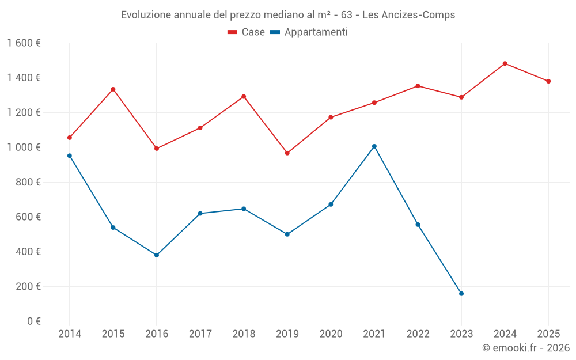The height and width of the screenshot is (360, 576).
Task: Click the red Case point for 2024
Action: pos(505,63)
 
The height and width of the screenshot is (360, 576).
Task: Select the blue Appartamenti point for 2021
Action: pos(374,146)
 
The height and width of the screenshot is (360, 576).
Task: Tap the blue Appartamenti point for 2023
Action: pos(461,294)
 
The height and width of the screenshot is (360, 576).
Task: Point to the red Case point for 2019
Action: pos(287,153)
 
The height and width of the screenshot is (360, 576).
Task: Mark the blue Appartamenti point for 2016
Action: pos(157,255)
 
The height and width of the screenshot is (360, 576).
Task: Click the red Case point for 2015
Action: pos(113,89)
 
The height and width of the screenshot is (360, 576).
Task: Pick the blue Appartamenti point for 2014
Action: pos(70,156)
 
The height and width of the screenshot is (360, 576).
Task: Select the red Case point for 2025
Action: pos(548,81)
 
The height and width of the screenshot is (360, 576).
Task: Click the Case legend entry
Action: pos(246,32)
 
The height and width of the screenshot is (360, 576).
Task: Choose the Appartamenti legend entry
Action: pos(309,32)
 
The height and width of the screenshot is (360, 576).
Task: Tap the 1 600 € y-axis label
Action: pos(24,43)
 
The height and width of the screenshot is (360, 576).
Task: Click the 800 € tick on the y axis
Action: pos(26,182)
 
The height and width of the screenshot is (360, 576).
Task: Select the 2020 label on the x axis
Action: pos(331,334)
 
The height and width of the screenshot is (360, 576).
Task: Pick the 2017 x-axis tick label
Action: pos(200,334)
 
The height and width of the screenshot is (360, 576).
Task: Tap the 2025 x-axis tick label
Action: pos(548,334)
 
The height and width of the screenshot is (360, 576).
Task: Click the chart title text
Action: pos(288,15)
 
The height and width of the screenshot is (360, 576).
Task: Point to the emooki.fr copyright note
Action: pos(525,348)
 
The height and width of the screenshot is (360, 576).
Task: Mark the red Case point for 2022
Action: pos(418,86)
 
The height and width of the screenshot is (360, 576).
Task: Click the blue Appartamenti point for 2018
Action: pos(244,209)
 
